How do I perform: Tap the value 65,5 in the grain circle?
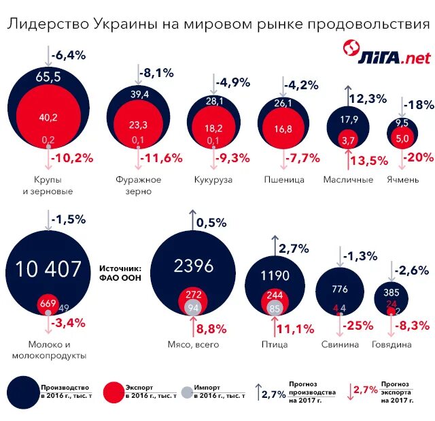point(48,77)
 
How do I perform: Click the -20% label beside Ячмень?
point(417,158)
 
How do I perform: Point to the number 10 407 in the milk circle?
point(48,269)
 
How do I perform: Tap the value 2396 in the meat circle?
point(194,266)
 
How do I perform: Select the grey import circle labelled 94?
point(193,307)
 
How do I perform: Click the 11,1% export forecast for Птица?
point(295,329)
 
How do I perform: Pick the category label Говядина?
point(391,345)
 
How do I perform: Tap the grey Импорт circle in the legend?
point(184,392)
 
